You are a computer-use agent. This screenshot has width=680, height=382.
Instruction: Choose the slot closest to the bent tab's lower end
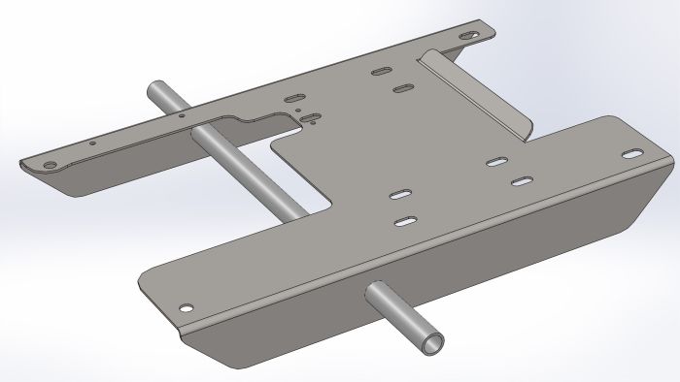(x=499, y=161)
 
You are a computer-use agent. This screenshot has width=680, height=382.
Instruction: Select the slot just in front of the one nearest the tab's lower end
(x=523, y=181)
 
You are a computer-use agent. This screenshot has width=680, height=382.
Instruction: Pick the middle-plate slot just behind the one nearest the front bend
(x=399, y=195)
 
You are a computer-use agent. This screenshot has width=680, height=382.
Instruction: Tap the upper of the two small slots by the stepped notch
(x=292, y=98)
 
